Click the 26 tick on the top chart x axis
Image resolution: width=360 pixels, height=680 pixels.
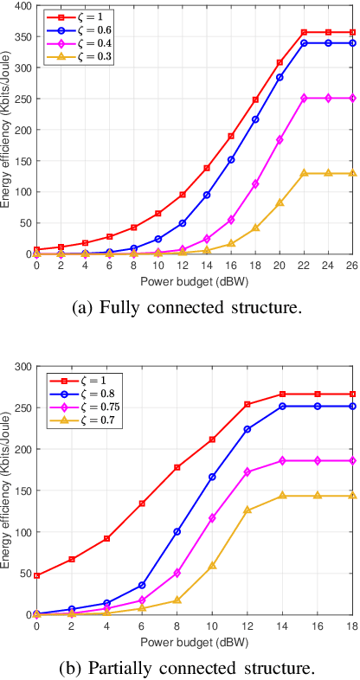[350, 265]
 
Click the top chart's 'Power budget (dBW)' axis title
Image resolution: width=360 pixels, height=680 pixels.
[193, 279]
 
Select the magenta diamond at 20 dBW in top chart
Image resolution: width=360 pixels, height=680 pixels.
[280, 139]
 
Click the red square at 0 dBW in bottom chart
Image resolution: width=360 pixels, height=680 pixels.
[36, 575]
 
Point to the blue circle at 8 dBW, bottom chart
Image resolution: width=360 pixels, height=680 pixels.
[177, 531]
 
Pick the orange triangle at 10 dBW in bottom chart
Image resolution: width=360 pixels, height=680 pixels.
[212, 565]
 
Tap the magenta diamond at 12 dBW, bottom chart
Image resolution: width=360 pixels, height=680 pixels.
[247, 472]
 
